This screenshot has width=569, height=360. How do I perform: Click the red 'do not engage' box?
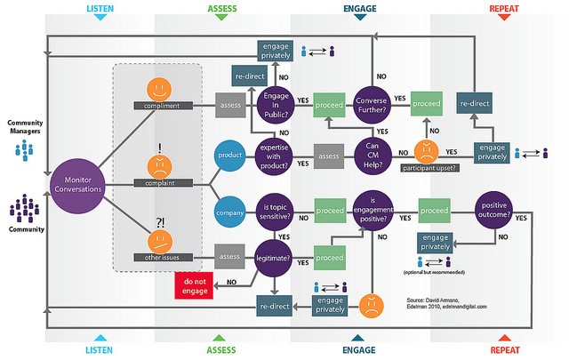click(x=195, y=284)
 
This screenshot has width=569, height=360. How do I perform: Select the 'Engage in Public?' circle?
click(x=276, y=106)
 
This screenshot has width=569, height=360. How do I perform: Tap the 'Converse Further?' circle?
click(x=374, y=106)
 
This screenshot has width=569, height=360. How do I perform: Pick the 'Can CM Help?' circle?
click(x=374, y=157)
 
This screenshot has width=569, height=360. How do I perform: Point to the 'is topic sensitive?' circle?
click(x=276, y=212)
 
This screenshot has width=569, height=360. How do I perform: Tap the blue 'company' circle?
click(x=231, y=212)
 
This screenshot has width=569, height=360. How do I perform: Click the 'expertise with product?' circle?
click(x=276, y=157)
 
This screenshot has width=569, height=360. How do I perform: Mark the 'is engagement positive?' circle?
click(x=374, y=212)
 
